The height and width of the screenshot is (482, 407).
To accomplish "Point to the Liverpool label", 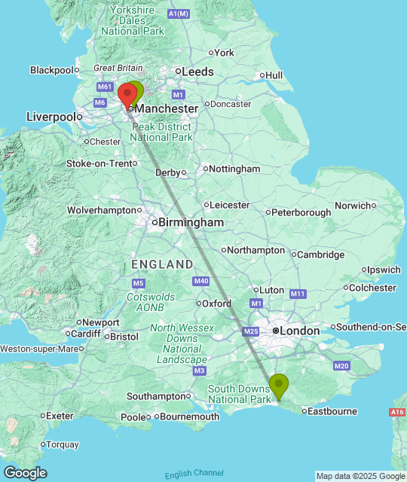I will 52,117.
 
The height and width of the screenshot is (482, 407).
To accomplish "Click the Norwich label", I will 353,205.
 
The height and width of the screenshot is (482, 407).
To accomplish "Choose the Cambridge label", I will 320,255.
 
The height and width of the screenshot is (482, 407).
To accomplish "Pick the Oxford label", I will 217,304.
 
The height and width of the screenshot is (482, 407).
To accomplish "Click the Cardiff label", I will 86,334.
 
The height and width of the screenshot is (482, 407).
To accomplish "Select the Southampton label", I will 156,396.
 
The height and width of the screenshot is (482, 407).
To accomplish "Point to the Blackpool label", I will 51,70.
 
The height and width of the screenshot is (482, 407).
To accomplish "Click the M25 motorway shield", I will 251,331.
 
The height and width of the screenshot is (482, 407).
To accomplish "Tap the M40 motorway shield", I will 200,281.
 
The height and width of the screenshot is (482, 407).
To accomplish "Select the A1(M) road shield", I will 179,14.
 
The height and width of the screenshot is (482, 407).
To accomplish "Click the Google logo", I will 24,473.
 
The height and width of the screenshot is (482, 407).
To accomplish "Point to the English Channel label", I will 194,473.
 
